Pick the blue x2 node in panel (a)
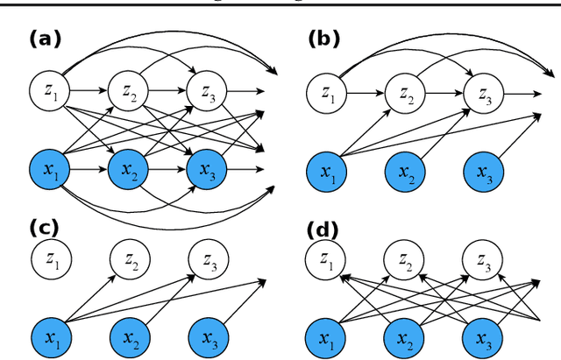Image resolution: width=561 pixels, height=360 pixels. pos(127,168)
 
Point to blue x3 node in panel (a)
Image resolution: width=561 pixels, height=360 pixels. pos(206,168)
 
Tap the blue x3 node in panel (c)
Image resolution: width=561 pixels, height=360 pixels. pos(206,336)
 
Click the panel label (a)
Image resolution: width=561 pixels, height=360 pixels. pos(45,39)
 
